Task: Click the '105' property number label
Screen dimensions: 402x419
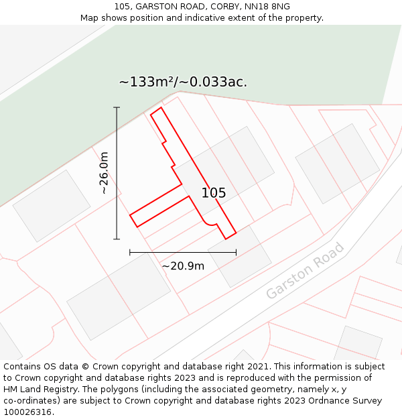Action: click(214, 193)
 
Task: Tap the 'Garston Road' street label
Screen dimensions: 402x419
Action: click(305, 271)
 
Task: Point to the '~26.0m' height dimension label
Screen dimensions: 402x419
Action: click(104, 173)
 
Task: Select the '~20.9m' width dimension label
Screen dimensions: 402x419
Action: click(183, 266)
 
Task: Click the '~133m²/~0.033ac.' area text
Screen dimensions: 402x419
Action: click(183, 82)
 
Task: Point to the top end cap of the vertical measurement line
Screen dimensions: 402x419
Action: click(117, 107)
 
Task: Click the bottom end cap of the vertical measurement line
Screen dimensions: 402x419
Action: click(117, 239)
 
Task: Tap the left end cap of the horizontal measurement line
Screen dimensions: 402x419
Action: click(130, 252)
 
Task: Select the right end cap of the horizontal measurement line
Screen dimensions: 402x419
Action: click(236, 252)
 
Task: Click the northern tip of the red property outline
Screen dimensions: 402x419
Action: click(160, 108)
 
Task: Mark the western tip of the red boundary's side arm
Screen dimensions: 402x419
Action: click(131, 217)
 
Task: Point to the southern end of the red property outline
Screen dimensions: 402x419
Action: click(226, 238)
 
